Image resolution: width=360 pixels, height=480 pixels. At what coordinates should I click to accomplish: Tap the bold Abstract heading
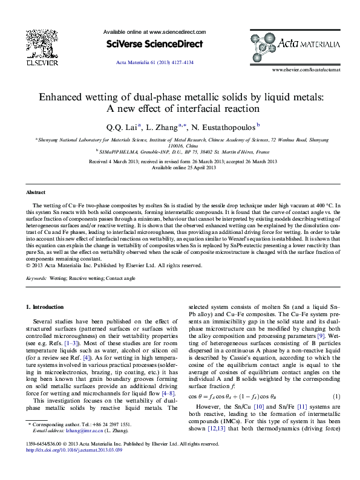pos(35,192)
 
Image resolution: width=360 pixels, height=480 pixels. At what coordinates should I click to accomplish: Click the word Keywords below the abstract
pos(36,278)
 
